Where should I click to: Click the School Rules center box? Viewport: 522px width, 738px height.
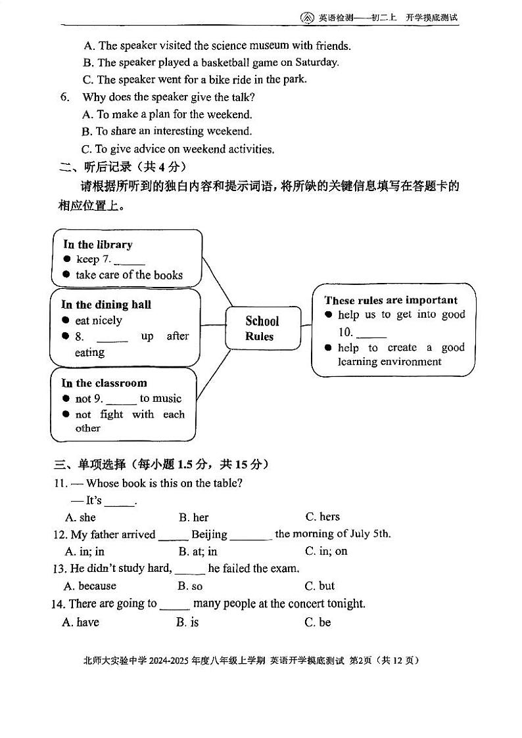coord(262,328)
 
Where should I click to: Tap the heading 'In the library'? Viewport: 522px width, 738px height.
coord(98,244)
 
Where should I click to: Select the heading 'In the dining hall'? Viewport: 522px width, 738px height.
coord(106,305)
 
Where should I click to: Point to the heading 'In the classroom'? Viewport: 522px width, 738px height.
coord(104,383)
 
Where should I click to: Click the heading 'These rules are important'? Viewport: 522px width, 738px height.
coord(391,300)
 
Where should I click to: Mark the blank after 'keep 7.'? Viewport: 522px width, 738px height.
coord(130,260)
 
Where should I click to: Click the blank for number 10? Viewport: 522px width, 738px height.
coord(371,333)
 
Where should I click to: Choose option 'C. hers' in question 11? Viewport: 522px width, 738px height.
coord(322,517)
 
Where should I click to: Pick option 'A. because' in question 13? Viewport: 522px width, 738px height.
coord(89,586)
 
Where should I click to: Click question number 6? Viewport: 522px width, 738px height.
coord(64,97)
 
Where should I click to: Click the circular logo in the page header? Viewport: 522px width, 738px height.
coord(307,18)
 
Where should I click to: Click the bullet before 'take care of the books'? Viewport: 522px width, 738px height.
coord(66,275)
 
